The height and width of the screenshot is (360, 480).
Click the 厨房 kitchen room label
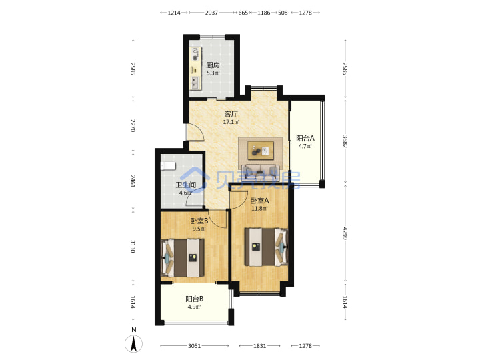(x=213, y=65)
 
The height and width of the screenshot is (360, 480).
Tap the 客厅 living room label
(x=231, y=114)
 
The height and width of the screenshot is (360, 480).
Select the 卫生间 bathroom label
(x=185, y=185)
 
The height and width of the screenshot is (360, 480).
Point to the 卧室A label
(x=259, y=201)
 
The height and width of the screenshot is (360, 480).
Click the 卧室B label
(x=199, y=221)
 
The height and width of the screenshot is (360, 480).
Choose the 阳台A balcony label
(x=305, y=138)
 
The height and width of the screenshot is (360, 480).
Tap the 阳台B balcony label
(x=195, y=299)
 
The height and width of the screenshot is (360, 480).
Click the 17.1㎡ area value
(x=231, y=122)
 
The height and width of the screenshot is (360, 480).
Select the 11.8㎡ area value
(x=259, y=209)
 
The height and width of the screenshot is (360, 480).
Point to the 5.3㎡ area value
(x=213, y=73)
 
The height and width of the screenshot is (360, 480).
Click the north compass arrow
(x=133, y=344)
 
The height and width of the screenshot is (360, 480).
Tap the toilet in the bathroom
(x=168, y=166)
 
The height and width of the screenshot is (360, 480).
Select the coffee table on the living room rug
(x=261, y=151)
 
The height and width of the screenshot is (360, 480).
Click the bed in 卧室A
(x=266, y=247)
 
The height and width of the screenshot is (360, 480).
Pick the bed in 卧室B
(x=183, y=258)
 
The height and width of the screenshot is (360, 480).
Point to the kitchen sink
(x=195, y=83)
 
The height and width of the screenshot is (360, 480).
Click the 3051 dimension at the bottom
(x=195, y=346)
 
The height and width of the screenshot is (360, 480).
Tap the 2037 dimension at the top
(x=211, y=13)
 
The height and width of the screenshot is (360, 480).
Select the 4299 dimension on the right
(x=345, y=233)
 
